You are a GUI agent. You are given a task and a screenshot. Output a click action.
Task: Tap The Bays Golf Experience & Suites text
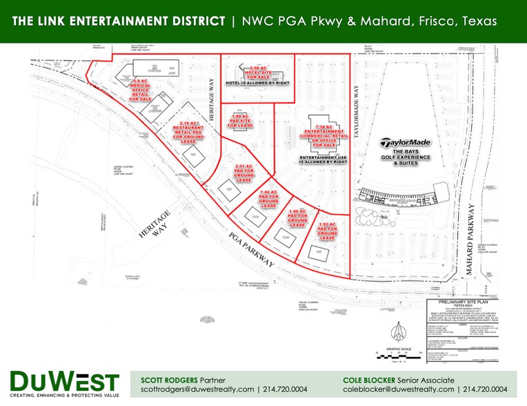410,156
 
